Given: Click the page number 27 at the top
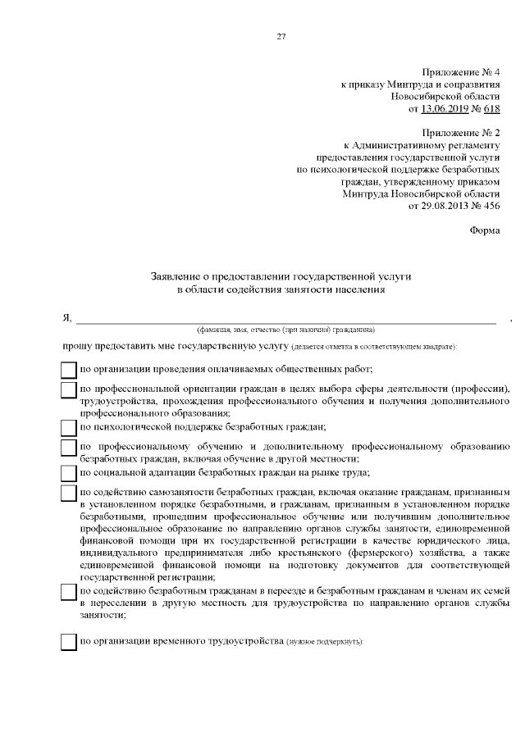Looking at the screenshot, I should coord(281,36).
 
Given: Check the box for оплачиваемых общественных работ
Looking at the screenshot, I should coord(69,370).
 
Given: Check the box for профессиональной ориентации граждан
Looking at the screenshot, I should coord(69,390).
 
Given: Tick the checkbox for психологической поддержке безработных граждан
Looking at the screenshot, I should coord(69,426).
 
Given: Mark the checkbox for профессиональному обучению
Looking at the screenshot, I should coord(69,448).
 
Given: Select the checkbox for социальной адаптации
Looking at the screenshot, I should coord(69,472).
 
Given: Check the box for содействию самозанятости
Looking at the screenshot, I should coord(69,494).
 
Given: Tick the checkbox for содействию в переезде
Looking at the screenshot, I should coord(69,592).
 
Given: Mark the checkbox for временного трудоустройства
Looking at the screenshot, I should coord(69,641).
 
